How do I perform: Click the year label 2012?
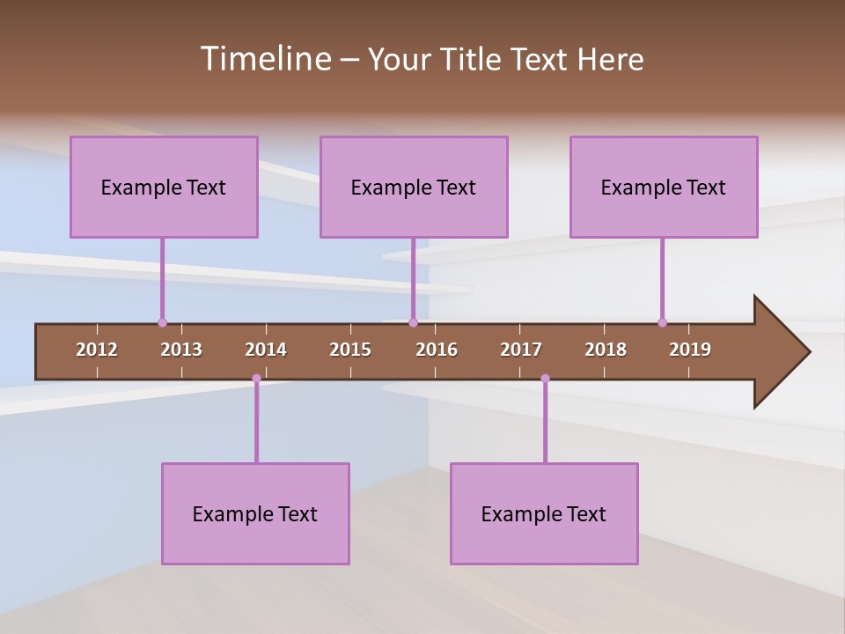coord(97,350)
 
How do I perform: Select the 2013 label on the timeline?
coord(181,350)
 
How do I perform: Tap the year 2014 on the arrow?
coord(266,350)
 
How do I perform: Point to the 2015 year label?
coord(350,350)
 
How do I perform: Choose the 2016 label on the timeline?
coord(437,350)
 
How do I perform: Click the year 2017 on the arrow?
coord(521,350)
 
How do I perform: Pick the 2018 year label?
coord(606,350)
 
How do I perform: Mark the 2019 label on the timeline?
coord(690,350)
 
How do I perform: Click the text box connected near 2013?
coord(164,187)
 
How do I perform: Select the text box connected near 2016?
coord(414,187)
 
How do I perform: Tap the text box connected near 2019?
coord(664,187)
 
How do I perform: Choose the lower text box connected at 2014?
coord(255,513)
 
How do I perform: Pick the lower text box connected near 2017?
coord(544,513)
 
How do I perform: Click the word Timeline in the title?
coord(265,59)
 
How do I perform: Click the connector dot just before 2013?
coord(162,322)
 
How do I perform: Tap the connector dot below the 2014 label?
coord(256,379)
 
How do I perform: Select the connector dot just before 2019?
coord(662,322)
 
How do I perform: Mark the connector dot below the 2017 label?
coord(545,379)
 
